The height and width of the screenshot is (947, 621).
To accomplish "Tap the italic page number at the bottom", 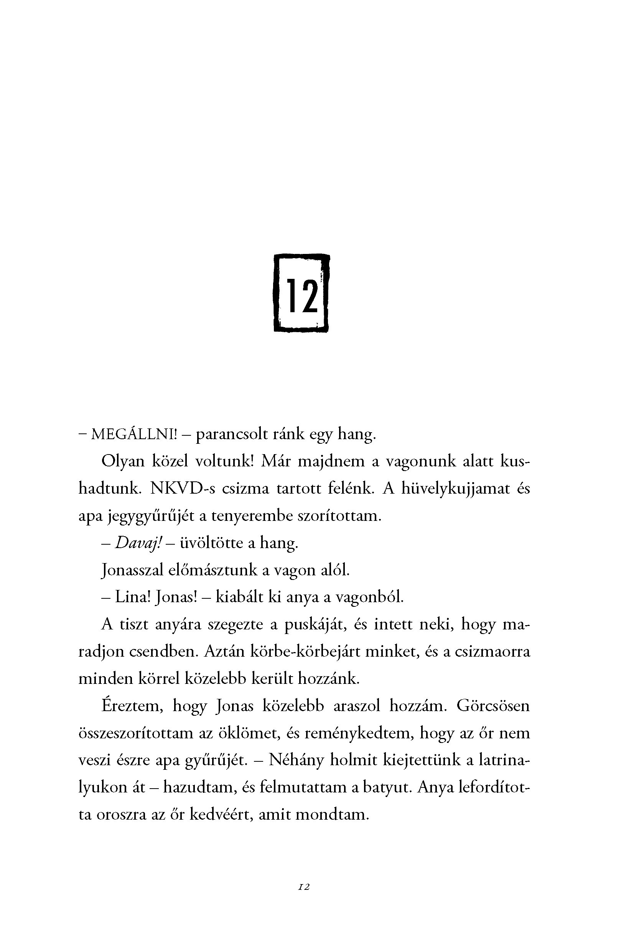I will click(304, 887).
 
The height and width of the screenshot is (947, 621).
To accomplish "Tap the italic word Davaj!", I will click(137, 543).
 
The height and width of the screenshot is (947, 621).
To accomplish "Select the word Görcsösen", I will click(493, 706).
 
